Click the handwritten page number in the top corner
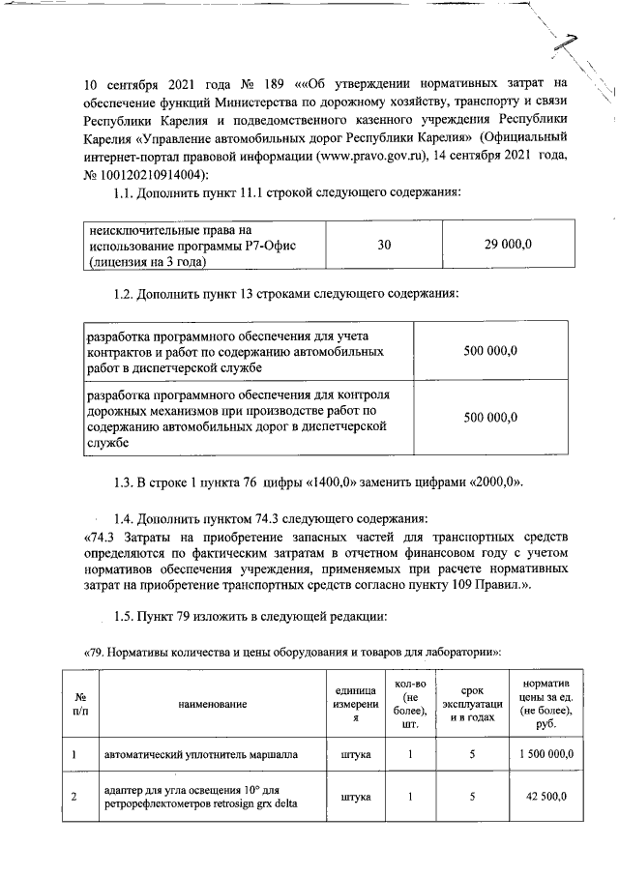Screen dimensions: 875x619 pos(577,44)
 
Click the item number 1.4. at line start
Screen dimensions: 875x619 pos(130,519)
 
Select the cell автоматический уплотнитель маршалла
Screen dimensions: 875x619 pos(200,752)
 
